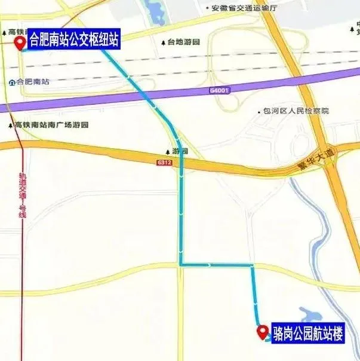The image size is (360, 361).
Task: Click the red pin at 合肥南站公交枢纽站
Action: pyautogui.click(x=19, y=42)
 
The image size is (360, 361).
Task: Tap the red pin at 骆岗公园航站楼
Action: pyautogui.click(x=261, y=331)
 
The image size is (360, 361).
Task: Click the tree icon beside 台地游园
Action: pyautogui.click(x=164, y=42)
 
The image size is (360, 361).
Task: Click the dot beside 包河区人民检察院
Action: pyautogui.click(x=259, y=111)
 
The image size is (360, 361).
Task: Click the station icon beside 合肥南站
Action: pyautogui.click(x=12, y=82)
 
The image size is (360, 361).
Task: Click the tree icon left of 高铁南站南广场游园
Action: pyautogui.click(x=10, y=125)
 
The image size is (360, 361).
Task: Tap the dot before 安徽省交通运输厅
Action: pyautogui.click(x=207, y=8)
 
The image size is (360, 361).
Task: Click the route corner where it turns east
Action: pyautogui.click(x=181, y=264)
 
